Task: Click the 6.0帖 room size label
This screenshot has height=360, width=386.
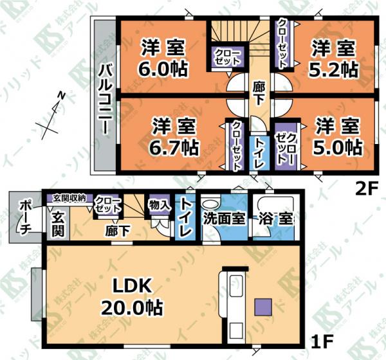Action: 163,68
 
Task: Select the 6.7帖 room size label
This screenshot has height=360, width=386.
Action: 174,147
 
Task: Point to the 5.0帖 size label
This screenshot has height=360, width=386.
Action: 338,147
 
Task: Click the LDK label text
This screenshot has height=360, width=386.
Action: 131,285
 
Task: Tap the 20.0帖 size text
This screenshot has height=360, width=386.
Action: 132,307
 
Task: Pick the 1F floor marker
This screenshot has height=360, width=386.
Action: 322,341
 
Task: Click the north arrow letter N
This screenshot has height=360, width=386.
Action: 62,96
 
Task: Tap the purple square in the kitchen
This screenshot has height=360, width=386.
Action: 263,307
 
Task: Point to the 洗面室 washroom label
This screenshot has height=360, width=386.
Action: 225,219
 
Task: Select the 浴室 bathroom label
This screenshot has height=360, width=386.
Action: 276,219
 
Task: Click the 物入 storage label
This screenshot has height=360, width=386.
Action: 160,204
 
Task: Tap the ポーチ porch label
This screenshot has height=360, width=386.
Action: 24,217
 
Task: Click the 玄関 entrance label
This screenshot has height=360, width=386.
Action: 58,224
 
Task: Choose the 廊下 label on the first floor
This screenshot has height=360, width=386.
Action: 117,231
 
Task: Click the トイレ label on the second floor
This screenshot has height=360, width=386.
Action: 258,153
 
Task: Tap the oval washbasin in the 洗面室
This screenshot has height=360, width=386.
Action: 210,204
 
